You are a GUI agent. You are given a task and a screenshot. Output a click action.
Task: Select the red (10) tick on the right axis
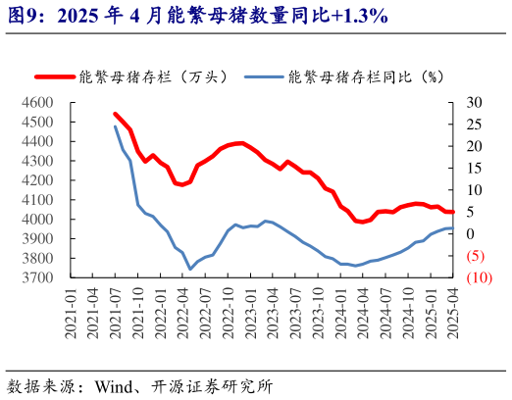point(479,277)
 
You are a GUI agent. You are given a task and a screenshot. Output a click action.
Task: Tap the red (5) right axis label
point(476,256)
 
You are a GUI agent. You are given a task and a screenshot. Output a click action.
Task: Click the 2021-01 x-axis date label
point(71,312)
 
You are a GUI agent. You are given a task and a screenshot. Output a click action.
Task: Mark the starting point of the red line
point(116,114)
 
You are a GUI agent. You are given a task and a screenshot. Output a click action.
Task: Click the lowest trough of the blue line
point(190,269)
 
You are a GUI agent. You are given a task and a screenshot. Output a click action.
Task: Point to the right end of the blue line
point(452,228)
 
